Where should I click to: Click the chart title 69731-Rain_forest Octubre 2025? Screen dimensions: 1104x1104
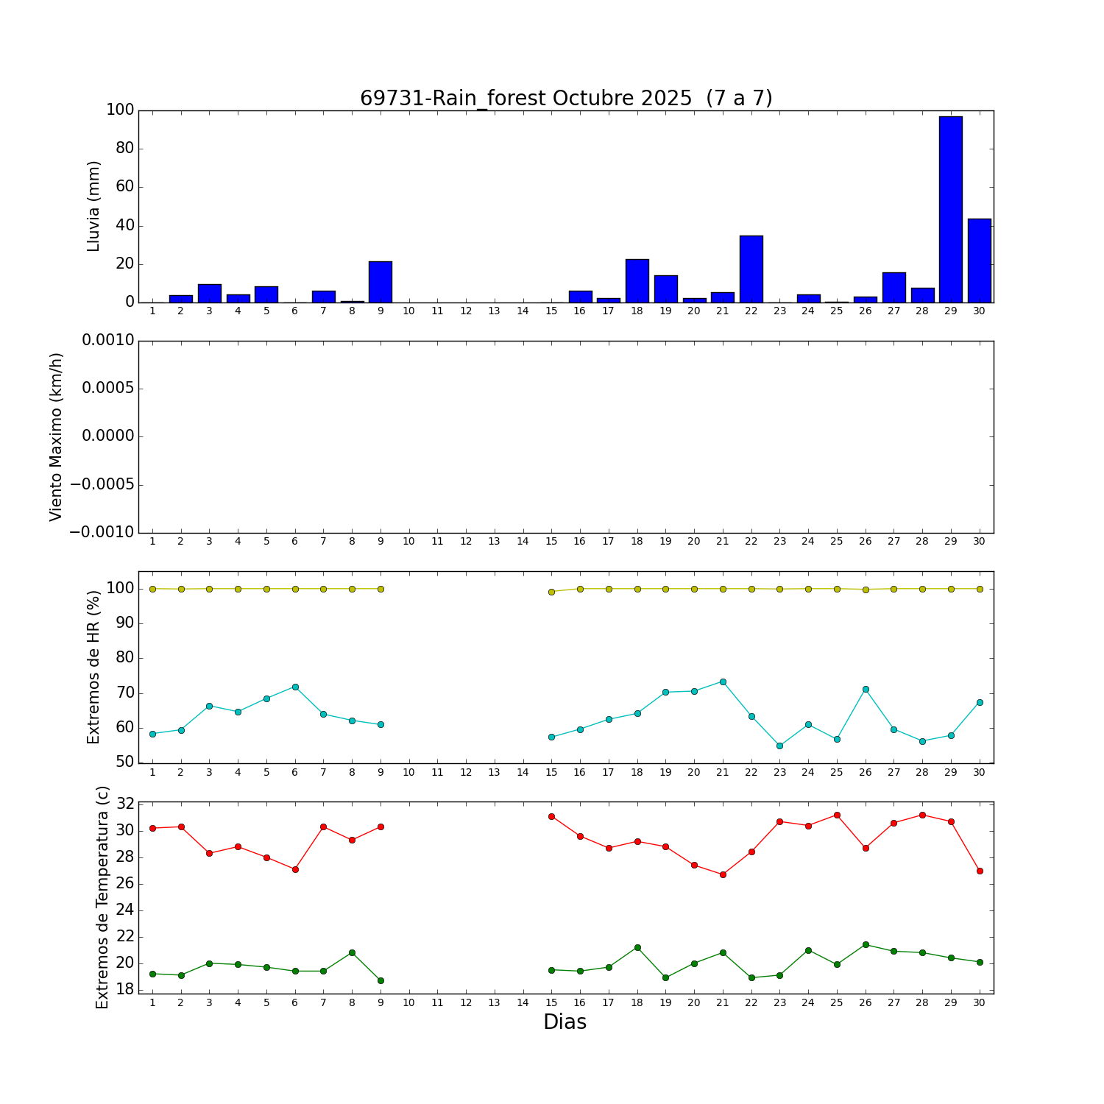pos(565,99)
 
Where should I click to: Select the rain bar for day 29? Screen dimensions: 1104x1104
pos(950,209)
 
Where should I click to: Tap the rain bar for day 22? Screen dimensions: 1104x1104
pos(751,269)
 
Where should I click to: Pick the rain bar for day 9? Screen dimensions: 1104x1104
pos(381,282)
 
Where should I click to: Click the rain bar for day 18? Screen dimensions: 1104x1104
pos(637,280)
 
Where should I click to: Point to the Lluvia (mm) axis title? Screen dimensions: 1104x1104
pos(93,206)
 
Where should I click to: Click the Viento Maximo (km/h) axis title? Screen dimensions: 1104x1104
pos(57,437)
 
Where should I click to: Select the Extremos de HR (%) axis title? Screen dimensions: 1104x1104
pos(93,667)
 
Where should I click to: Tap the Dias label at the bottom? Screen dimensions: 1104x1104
pos(565,1022)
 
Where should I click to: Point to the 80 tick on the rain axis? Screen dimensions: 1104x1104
pos(120,149)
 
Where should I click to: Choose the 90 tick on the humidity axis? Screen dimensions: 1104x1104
pos(120,623)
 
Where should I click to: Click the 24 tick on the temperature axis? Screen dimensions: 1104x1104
pos(120,910)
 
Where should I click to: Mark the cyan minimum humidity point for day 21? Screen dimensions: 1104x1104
pos(723,682)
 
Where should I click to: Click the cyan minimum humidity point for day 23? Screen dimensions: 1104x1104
pos(779,746)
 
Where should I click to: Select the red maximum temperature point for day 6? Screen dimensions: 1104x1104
pos(295,869)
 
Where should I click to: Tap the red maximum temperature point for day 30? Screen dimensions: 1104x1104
pos(980,871)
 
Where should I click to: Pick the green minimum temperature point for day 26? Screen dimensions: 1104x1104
pos(866,944)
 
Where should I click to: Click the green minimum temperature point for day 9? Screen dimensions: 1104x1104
pos(381,980)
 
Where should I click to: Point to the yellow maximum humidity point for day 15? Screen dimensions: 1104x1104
pos(551,592)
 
